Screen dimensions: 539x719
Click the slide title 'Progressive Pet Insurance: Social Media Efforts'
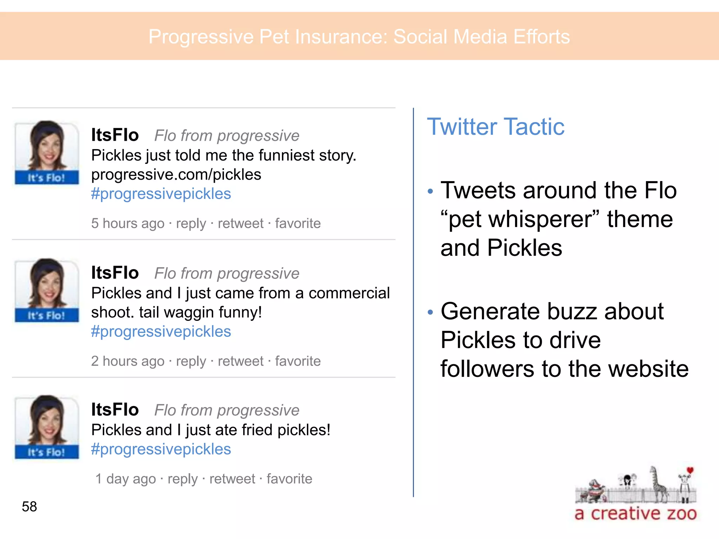point(359,36)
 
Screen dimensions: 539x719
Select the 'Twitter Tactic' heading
point(495,127)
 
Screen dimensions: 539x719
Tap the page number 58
point(29,506)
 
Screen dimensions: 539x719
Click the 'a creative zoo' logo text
point(635,513)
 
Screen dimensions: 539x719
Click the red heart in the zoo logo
point(690,470)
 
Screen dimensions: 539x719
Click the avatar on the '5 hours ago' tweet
point(47,152)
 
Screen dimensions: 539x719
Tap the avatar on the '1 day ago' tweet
point(47,427)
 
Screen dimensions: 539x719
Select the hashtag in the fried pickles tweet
point(161,449)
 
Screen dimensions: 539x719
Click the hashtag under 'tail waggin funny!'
point(161,332)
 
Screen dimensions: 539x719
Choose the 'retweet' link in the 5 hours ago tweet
point(240,224)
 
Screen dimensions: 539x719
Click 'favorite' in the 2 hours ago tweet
point(298,361)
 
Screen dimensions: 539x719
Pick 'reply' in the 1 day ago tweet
point(183,479)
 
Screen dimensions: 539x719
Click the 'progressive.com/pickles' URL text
point(176,174)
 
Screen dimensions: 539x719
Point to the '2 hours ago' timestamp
point(128,361)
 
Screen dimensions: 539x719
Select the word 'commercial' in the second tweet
point(349,293)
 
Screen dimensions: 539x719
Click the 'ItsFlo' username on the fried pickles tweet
point(115,410)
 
